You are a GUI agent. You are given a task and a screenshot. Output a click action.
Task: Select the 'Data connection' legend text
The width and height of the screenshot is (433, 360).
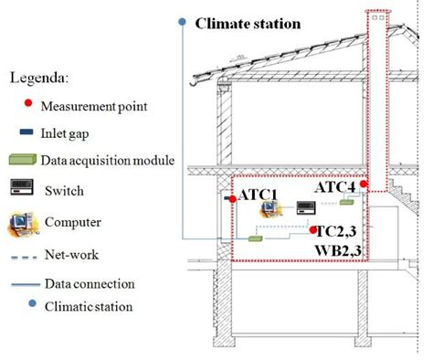[x=90, y=283]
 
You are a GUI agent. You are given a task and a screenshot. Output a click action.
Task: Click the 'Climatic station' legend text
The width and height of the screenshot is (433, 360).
[x=88, y=306]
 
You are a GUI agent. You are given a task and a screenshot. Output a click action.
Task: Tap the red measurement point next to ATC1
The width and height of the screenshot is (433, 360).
[x=233, y=198]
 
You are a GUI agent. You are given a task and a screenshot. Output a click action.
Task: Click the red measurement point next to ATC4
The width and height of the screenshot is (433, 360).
[x=364, y=185]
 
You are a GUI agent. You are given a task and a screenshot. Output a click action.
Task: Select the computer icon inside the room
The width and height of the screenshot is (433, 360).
[x=268, y=210]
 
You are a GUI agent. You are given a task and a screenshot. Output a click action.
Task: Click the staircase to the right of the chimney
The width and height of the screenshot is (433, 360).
[x=402, y=193]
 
